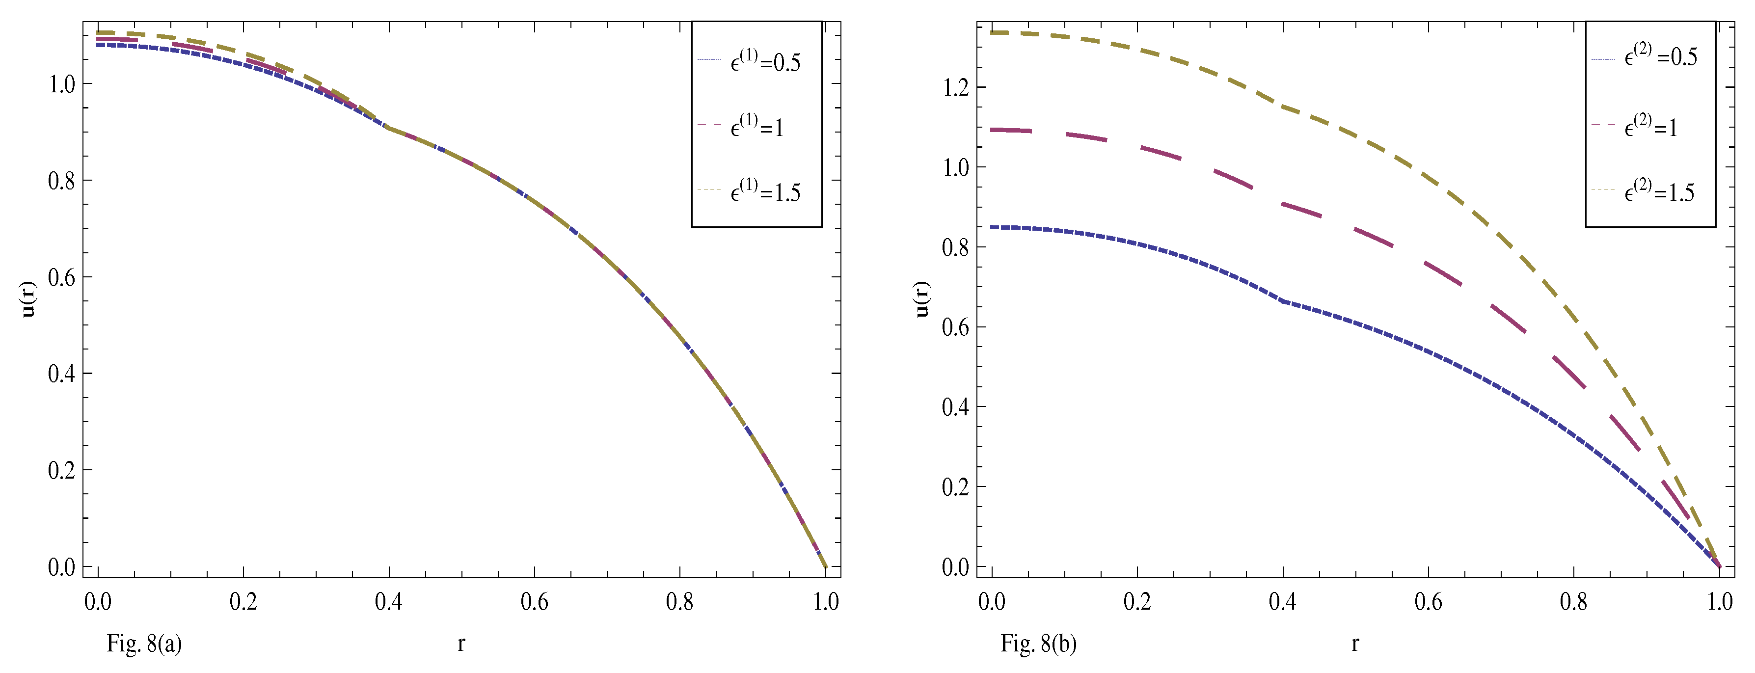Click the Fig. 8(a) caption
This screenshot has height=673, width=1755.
[144, 644]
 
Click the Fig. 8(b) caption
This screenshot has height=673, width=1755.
[1038, 644]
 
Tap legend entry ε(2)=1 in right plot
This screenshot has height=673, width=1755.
[1650, 126]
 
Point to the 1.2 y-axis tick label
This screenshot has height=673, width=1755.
[955, 88]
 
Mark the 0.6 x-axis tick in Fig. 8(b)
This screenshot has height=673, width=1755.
[1428, 601]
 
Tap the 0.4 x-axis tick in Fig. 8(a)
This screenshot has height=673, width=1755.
[388, 601]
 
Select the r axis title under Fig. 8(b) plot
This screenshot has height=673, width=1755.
[1355, 643]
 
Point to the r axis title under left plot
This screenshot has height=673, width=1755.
[461, 643]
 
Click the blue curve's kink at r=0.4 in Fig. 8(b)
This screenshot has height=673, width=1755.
[1283, 300]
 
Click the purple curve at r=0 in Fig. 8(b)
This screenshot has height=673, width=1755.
[993, 130]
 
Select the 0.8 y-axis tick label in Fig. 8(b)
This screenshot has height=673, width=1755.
[955, 247]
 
